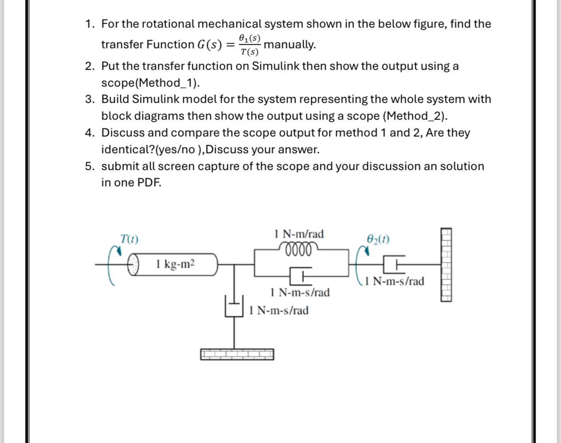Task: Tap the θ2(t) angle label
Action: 378,238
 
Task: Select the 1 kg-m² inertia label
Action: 175,264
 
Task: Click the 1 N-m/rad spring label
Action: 299,234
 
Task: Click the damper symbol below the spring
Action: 299,277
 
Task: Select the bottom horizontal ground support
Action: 237,354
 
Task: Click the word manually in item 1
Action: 290,45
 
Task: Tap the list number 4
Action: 89,133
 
